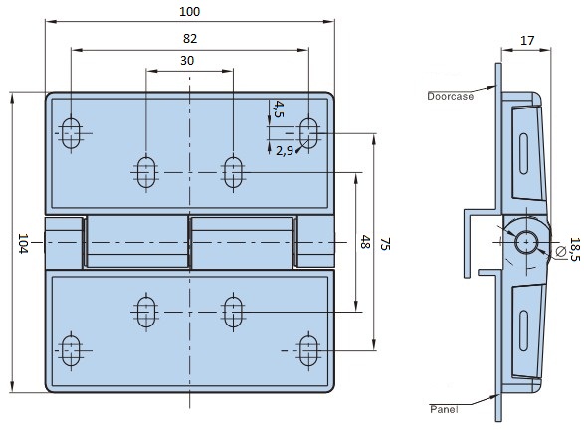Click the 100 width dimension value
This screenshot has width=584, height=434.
(x=190, y=12)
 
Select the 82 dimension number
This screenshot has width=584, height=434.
(x=190, y=39)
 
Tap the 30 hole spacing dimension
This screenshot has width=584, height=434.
(x=187, y=61)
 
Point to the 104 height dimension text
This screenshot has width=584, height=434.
(x=23, y=244)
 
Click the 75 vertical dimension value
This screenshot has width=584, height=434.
(x=385, y=244)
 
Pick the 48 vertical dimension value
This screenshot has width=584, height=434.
(x=365, y=242)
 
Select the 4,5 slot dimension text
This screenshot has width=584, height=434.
(x=279, y=108)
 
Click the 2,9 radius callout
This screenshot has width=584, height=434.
(x=285, y=151)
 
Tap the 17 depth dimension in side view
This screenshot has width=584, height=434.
(x=527, y=40)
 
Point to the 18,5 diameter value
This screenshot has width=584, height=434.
(x=575, y=249)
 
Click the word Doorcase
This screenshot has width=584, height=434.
(x=451, y=96)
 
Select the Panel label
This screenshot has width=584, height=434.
(x=444, y=409)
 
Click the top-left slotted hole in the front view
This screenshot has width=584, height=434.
(x=71, y=133)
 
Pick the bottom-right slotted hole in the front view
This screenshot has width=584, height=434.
(x=308, y=351)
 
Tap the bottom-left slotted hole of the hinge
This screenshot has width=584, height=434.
(x=71, y=351)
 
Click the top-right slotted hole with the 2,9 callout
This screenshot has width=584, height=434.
(x=308, y=133)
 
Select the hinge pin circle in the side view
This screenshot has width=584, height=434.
(x=526, y=242)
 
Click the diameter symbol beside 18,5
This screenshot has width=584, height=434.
(x=560, y=252)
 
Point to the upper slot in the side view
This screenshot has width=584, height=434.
(x=523, y=154)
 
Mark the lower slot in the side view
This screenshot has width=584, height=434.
(x=523, y=330)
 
